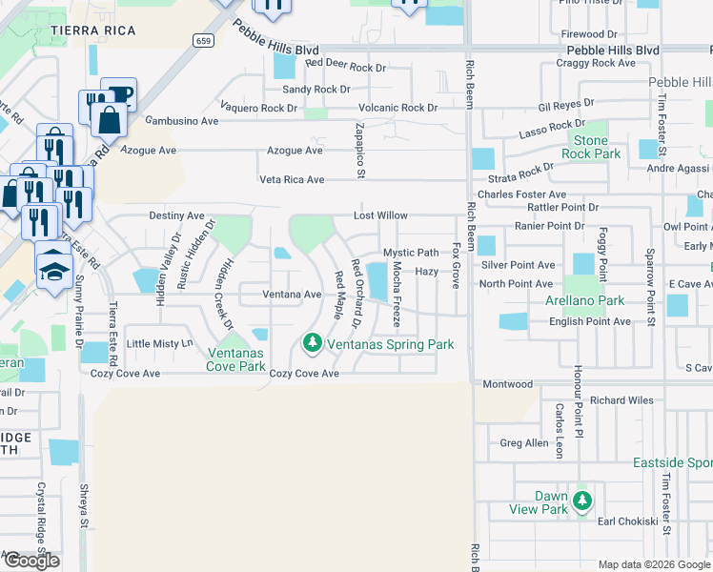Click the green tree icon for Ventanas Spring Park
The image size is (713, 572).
pyautogui.click(x=311, y=342)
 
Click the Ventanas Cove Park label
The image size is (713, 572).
pyautogui.click(x=236, y=358)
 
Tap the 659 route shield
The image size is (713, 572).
pyautogui.click(x=202, y=40)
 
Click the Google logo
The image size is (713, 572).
pyautogui.click(x=31, y=560)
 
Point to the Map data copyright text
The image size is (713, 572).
pyautogui.click(x=652, y=564)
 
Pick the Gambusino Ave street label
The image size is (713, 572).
pyautogui.click(x=182, y=121)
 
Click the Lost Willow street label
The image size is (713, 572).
pyautogui.click(x=380, y=216)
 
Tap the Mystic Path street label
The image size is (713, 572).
pyautogui.click(x=411, y=253)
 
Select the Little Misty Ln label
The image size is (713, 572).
pyautogui.click(x=159, y=343)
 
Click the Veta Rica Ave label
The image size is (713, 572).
pyautogui.click(x=292, y=179)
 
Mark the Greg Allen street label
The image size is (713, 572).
pyautogui.click(x=524, y=443)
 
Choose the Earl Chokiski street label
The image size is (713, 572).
pyautogui.click(x=628, y=521)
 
